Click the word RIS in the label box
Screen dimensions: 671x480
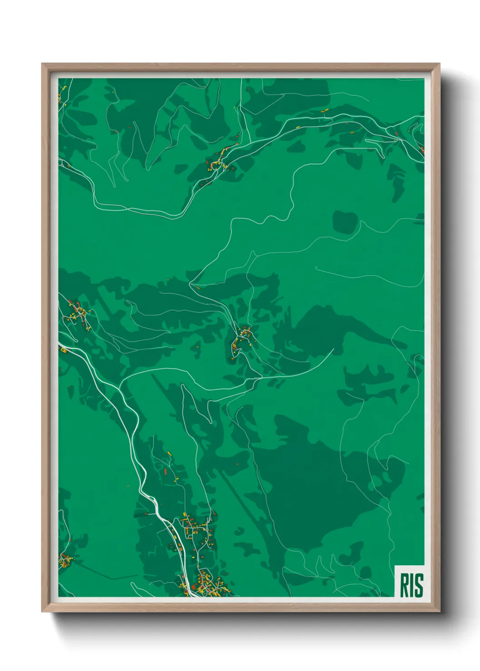point(411,585)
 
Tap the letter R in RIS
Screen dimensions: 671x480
point(403,585)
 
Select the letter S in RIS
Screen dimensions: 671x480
point(419,585)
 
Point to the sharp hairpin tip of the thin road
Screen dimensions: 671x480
point(191,284)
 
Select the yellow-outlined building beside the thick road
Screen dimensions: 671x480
point(64,350)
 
